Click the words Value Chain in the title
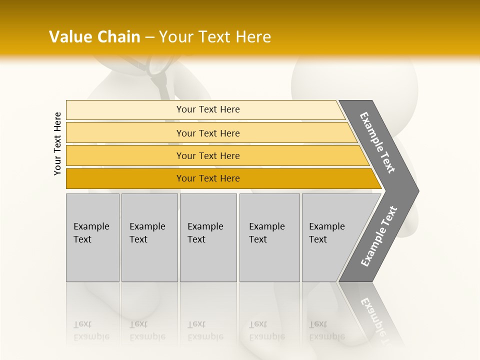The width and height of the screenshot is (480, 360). tap(94, 37)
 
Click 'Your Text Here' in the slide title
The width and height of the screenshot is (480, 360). tap(215, 37)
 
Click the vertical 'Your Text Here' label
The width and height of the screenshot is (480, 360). tap(58, 143)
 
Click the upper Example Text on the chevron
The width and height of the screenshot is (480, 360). tap(377, 142)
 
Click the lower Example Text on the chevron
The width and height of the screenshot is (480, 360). tap(378, 236)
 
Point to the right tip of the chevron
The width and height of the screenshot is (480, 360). tap(417, 190)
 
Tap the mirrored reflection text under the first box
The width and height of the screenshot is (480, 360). tap(91, 331)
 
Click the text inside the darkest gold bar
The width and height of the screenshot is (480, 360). tap(208, 178)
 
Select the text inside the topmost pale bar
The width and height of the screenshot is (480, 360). tap(208, 109)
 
